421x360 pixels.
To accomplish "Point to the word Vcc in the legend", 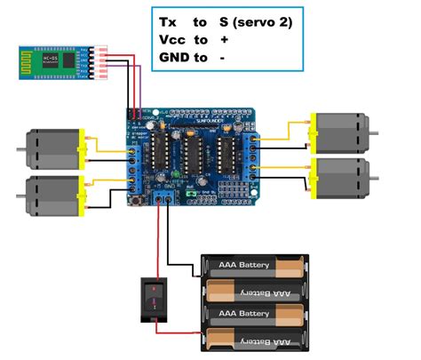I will click(x=171, y=40).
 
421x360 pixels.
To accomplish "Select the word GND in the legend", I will click(x=175, y=58).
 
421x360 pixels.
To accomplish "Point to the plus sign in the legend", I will click(x=224, y=40).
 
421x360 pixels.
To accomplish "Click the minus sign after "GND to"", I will click(x=222, y=58).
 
